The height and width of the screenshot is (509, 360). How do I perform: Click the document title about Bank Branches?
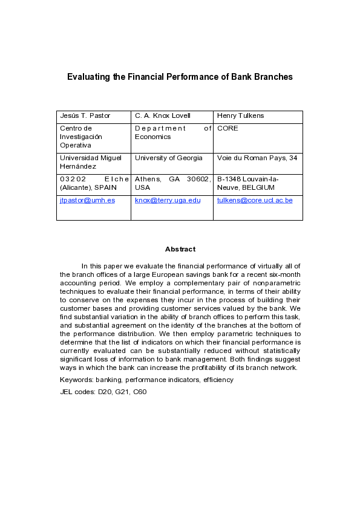pos(180,77)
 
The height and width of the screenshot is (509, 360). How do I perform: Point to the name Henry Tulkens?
pos(240,115)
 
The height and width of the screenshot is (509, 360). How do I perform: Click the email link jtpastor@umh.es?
pos(87,200)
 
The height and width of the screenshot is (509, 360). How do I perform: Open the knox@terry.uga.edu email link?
pos(168,200)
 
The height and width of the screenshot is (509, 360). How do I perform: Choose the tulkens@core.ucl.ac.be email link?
pos(255,200)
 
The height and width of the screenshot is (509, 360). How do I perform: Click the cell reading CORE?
pos(227,128)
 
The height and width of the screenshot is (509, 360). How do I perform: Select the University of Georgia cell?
pos(169,158)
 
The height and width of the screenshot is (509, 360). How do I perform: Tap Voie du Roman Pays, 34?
pos(257,158)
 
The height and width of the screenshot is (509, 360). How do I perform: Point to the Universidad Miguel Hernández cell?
pos(90,161)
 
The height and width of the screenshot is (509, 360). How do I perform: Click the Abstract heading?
pos(180,249)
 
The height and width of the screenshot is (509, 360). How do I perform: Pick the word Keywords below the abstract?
pos(76,380)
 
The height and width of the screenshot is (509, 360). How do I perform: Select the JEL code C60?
pos(140,392)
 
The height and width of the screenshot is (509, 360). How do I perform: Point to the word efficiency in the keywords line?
pos(220,380)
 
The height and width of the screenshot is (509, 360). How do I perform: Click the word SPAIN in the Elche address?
pos(113,187)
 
